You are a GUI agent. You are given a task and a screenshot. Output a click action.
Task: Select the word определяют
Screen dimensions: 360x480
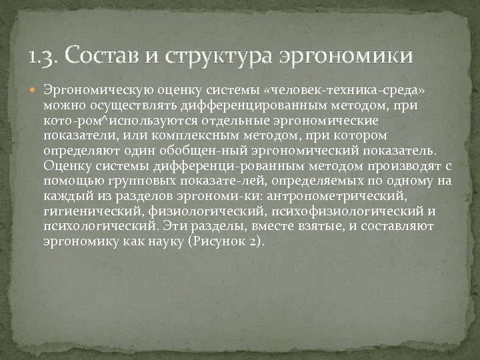click(x=74, y=151)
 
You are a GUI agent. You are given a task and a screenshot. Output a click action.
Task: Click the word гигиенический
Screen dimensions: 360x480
click(x=92, y=211)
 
